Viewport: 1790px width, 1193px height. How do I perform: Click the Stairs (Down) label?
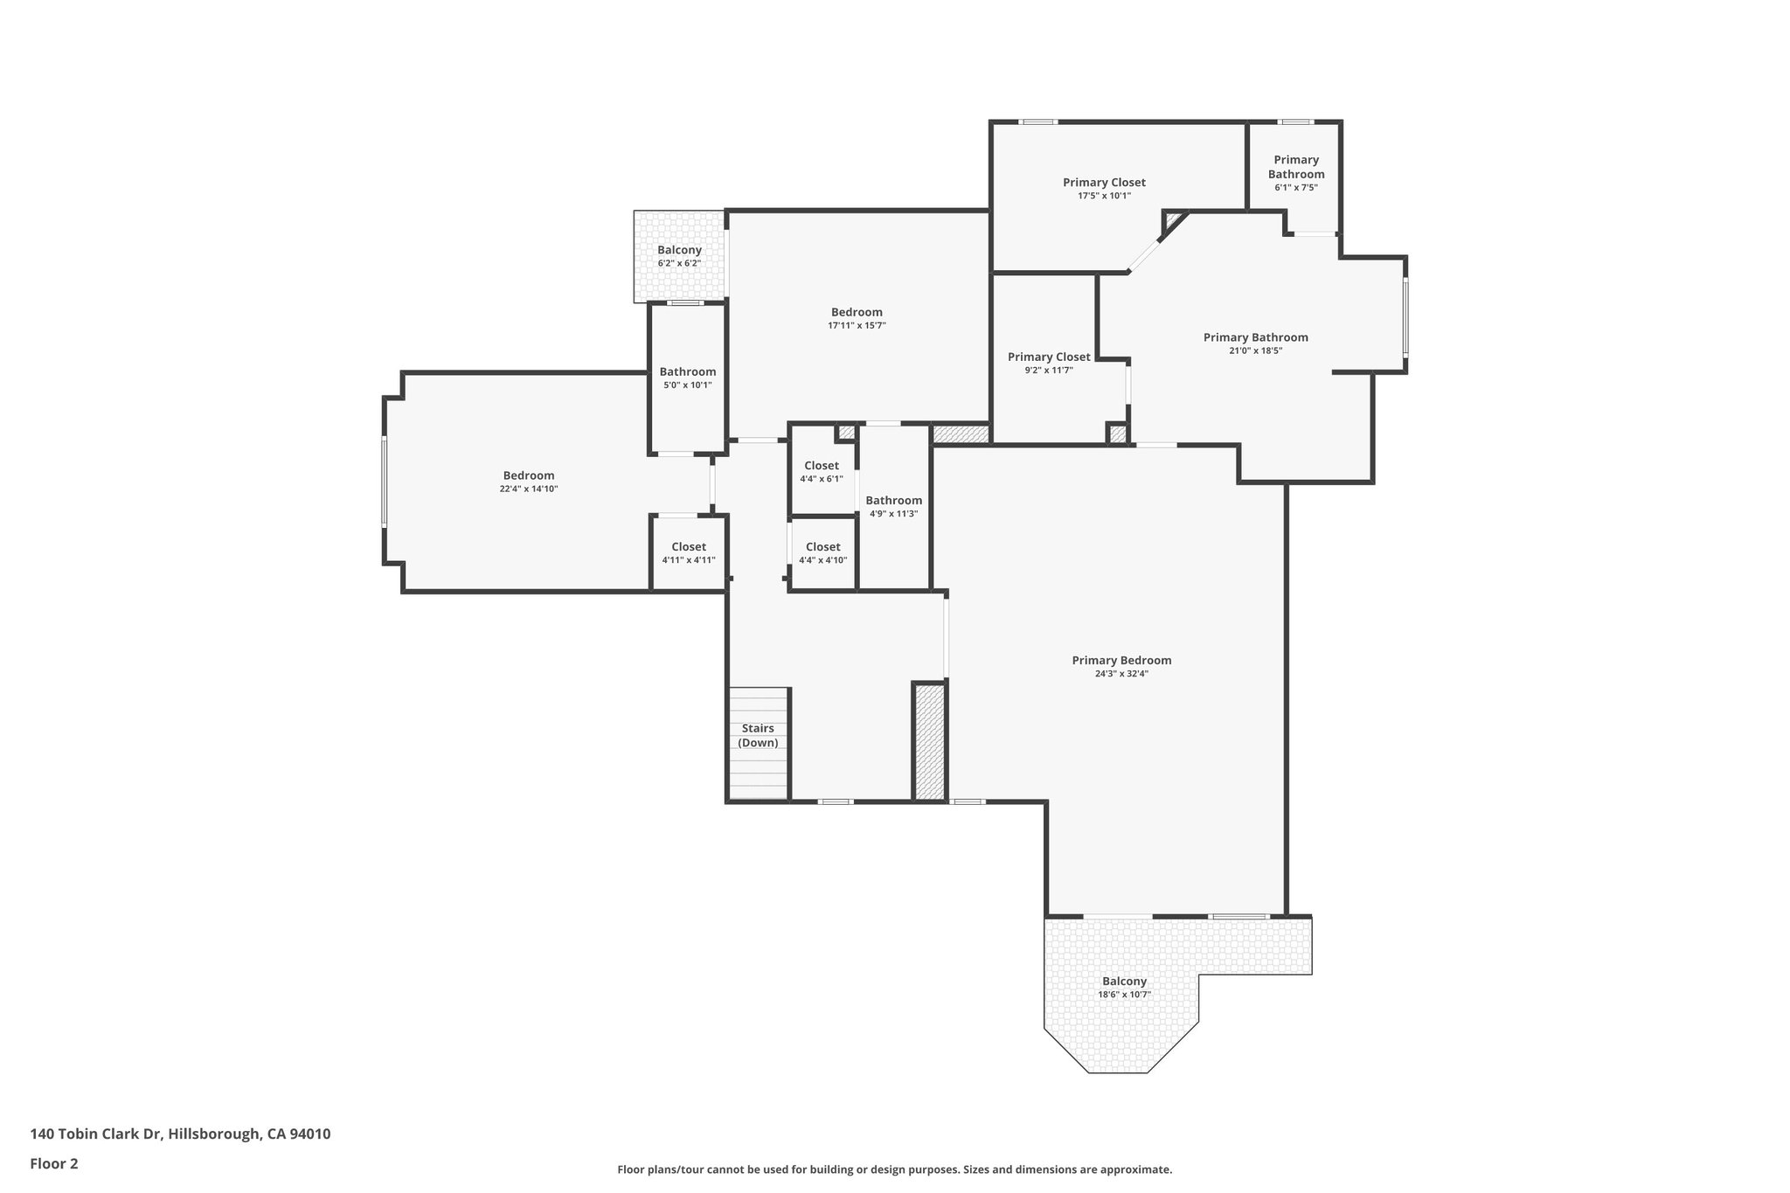[x=757, y=735]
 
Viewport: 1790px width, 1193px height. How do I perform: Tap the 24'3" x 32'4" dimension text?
[x=1120, y=674]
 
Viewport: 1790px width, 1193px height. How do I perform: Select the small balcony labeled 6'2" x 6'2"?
[x=679, y=256]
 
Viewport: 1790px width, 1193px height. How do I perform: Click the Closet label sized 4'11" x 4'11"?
[x=688, y=547]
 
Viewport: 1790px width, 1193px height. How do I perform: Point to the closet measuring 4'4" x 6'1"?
[x=822, y=472]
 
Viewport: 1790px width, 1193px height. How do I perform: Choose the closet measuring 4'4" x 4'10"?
[x=822, y=553]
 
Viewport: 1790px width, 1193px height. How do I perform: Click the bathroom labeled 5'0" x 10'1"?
[x=687, y=378]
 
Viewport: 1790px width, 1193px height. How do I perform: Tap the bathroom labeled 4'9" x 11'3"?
[x=893, y=506]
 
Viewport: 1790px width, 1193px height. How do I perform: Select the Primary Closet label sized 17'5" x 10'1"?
[x=1104, y=183]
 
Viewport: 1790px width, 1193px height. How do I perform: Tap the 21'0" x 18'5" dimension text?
[x=1255, y=350]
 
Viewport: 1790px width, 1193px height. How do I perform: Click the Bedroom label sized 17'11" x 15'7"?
[x=857, y=312]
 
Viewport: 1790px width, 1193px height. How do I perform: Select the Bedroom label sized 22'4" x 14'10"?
[x=528, y=475]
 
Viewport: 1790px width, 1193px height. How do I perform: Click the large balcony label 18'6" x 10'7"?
[x=1124, y=981]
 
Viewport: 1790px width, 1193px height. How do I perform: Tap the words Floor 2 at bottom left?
[x=54, y=1163]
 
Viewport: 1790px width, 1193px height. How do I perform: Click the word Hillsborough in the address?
[x=213, y=1134]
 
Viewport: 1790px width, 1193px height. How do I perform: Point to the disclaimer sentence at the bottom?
[x=894, y=1169]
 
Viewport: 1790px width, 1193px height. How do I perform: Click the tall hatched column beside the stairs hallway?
[x=929, y=741]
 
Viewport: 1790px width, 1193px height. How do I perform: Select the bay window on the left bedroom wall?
[x=384, y=482]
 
